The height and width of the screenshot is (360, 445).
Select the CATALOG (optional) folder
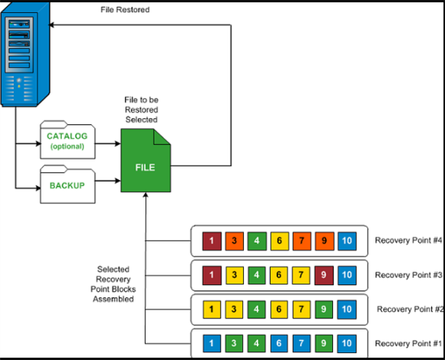tap(67, 141)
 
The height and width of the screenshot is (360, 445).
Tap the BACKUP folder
tap(67, 184)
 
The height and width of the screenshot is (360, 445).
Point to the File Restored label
tap(125, 10)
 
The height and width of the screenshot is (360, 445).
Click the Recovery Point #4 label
tap(408, 241)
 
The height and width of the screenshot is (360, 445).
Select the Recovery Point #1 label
tap(408, 343)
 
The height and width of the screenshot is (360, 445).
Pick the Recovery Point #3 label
tap(408, 275)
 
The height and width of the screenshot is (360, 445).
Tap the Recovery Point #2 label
tap(409, 309)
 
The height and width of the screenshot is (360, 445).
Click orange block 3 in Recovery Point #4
tap(234, 241)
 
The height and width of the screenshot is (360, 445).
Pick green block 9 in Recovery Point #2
tap(324, 309)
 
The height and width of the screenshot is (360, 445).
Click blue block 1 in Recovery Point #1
tap(211, 343)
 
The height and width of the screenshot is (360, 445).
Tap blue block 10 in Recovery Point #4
tap(347, 241)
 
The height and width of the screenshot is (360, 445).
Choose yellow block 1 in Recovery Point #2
tap(211, 309)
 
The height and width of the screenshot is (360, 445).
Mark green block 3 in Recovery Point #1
tap(234, 343)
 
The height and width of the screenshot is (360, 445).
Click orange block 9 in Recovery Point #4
tap(324, 241)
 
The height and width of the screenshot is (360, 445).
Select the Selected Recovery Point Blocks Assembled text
tap(114, 284)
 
